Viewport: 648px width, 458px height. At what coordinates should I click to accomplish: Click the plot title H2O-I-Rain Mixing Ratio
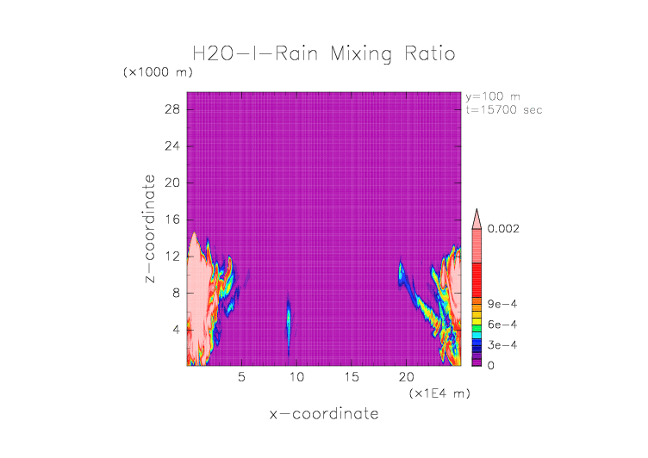(323, 54)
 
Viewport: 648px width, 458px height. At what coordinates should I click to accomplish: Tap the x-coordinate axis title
(323, 414)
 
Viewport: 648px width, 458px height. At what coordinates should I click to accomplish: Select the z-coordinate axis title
(151, 229)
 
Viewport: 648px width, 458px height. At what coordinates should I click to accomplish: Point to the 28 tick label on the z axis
(171, 109)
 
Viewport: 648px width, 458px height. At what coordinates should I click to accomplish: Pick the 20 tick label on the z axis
(171, 183)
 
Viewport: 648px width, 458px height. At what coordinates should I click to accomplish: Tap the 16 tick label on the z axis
(171, 220)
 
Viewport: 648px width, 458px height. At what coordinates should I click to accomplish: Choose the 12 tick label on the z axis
(171, 256)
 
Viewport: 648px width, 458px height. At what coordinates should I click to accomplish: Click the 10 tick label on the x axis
(296, 377)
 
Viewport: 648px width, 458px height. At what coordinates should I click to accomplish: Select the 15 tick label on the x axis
(352, 377)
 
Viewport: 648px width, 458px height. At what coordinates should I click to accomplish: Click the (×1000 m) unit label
(158, 72)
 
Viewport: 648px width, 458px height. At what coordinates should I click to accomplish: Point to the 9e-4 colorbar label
(501, 304)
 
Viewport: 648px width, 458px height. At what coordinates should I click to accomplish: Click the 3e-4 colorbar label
(501, 344)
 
